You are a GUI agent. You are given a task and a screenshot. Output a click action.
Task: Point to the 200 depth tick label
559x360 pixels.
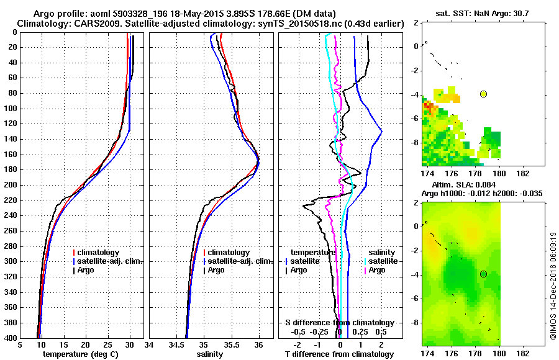pos(11,185)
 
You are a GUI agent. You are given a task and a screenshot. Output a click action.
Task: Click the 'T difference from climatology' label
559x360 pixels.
pos(339,354)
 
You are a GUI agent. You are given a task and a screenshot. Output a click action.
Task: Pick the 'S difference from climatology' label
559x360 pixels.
pos(339,323)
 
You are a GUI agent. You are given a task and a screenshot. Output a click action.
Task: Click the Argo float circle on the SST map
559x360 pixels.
pos(483,94)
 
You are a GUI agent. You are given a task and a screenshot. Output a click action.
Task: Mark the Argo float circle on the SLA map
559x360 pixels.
pos(483,274)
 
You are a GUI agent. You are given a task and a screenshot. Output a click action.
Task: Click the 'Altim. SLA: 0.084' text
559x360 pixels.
pos(460,185)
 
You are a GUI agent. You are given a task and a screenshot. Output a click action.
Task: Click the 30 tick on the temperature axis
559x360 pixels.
pos(129,344)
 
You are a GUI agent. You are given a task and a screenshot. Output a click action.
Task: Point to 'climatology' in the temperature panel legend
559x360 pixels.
pos(96,253)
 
